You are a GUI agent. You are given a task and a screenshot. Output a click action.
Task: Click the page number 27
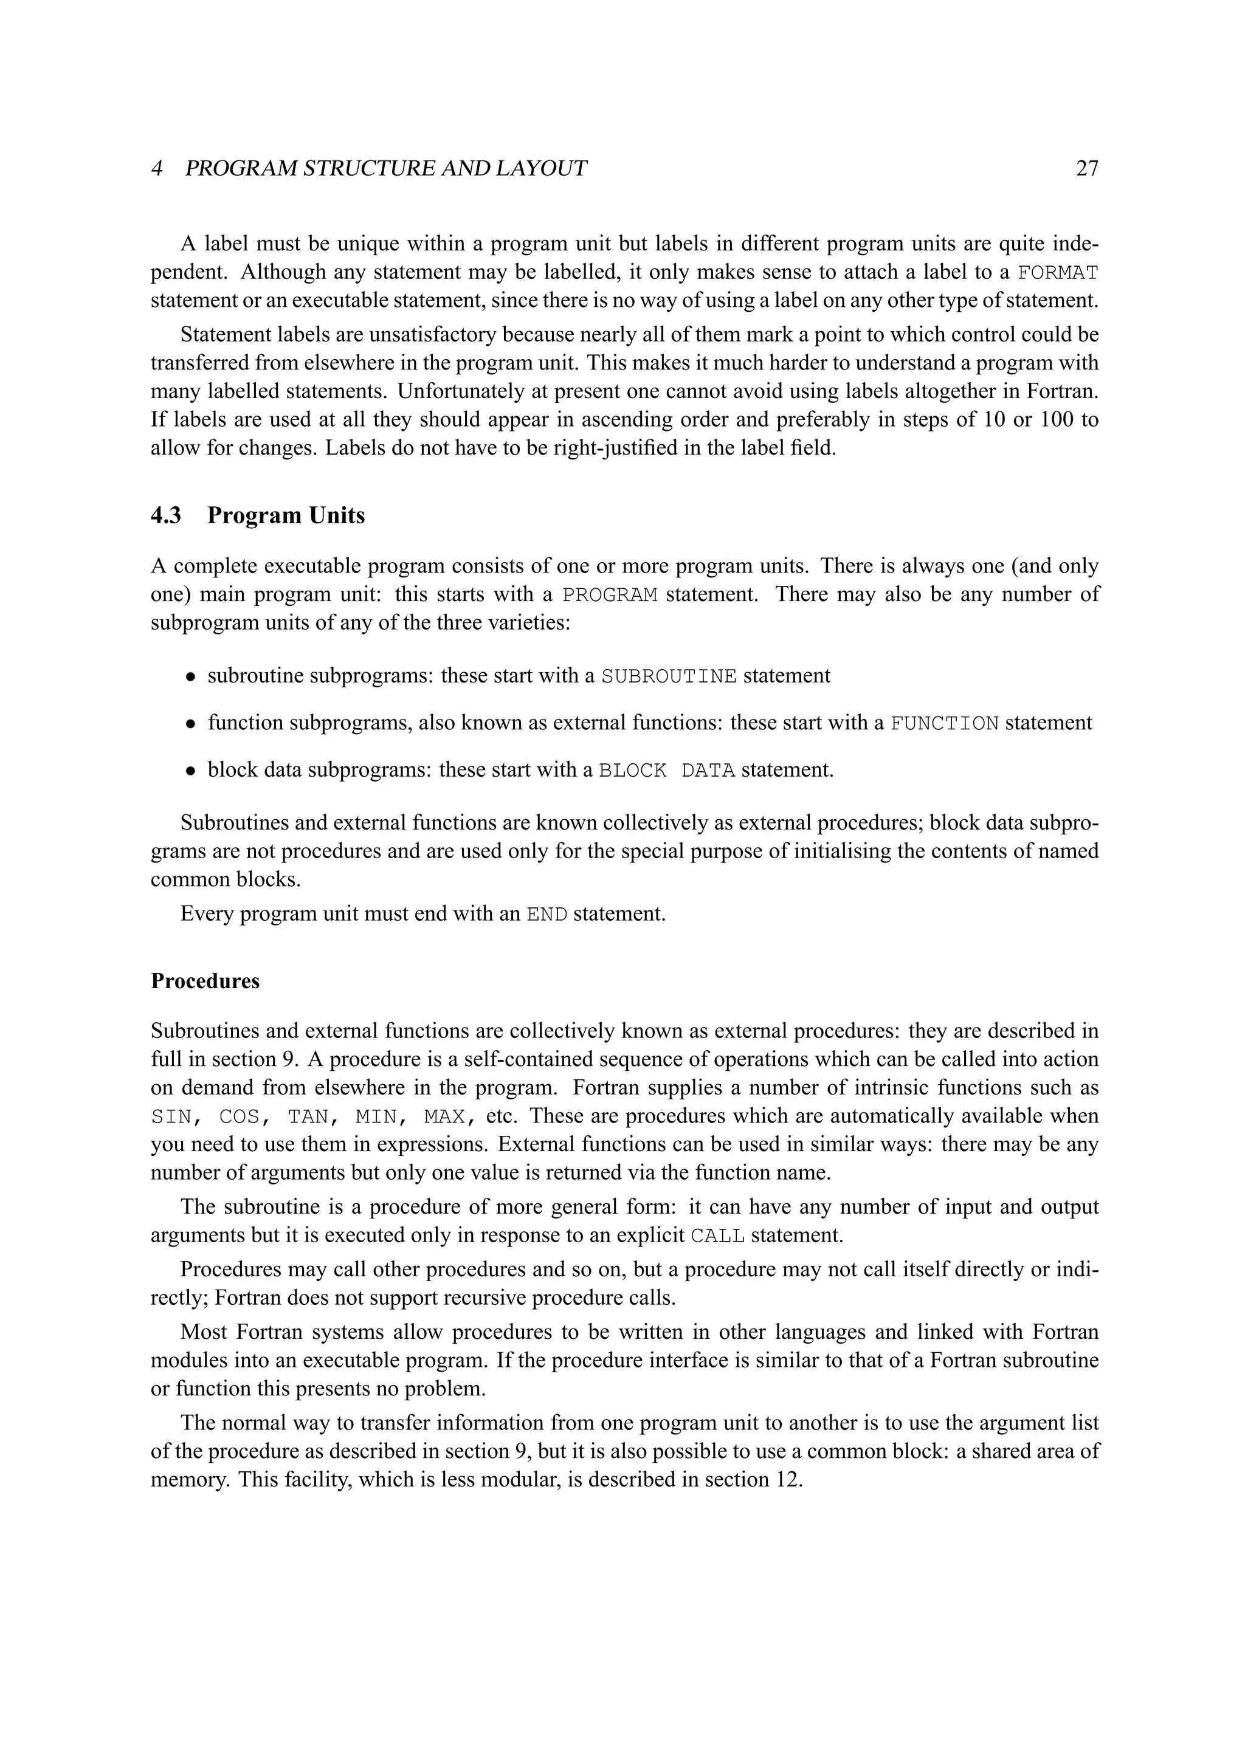tap(1086, 168)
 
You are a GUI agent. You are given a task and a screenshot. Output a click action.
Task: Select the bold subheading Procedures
tap(205, 981)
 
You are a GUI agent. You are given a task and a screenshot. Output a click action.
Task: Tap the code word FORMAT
tap(1057, 273)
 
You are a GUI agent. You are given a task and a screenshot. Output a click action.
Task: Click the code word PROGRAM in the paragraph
tap(610, 595)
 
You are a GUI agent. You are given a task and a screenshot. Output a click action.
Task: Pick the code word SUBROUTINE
tap(669, 676)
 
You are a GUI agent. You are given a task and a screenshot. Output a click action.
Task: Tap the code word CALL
tap(717, 1236)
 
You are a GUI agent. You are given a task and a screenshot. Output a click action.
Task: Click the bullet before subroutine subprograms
tap(191, 678)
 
